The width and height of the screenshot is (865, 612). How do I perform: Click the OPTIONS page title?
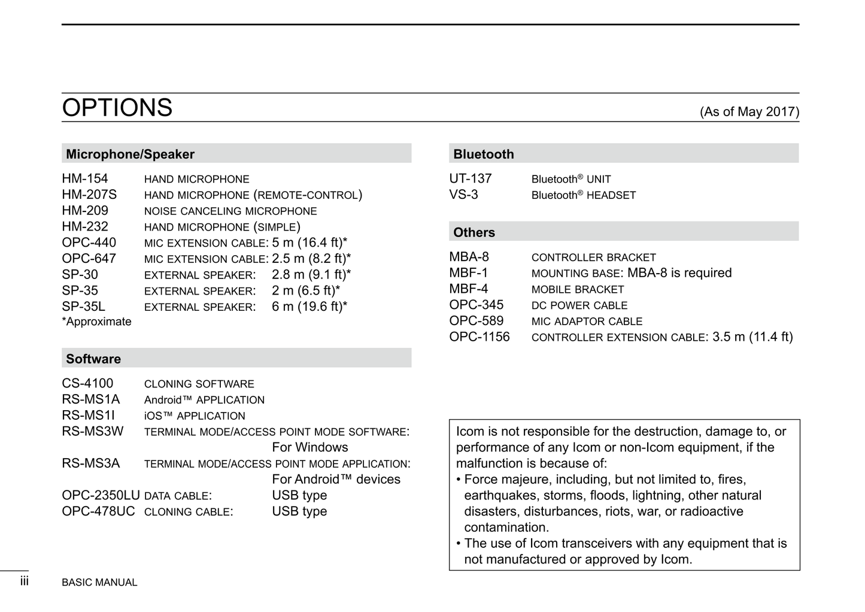tap(117, 108)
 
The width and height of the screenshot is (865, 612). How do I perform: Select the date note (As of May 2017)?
tap(749, 112)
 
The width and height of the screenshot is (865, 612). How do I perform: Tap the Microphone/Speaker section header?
tap(130, 154)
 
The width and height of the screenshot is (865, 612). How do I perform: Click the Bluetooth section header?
tap(484, 154)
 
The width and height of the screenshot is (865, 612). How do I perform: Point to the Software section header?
tap(93, 359)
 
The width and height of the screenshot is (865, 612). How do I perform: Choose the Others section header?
tap(474, 233)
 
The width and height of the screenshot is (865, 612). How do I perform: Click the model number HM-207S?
tap(89, 195)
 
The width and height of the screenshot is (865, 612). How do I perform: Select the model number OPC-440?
tap(89, 243)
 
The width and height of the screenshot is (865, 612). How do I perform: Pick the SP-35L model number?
tap(83, 307)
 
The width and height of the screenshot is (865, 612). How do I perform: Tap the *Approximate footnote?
tap(96, 322)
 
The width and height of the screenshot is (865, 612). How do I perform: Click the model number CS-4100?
tap(87, 384)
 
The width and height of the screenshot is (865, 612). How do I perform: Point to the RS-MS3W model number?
tap(93, 432)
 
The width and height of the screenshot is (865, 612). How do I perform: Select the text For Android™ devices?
tap(336, 480)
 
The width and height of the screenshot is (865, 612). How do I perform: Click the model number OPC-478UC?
tap(98, 512)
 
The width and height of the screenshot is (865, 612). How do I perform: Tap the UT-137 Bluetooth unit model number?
tap(471, 179)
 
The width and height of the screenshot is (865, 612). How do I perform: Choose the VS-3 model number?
tap(464, 195)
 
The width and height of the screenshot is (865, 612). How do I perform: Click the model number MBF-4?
tap(469, 289)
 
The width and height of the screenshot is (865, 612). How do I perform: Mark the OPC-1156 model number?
tap(479, 337)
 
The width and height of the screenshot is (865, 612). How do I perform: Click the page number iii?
tap(25, 581)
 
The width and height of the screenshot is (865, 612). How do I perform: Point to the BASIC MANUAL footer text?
tap(99, 583)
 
